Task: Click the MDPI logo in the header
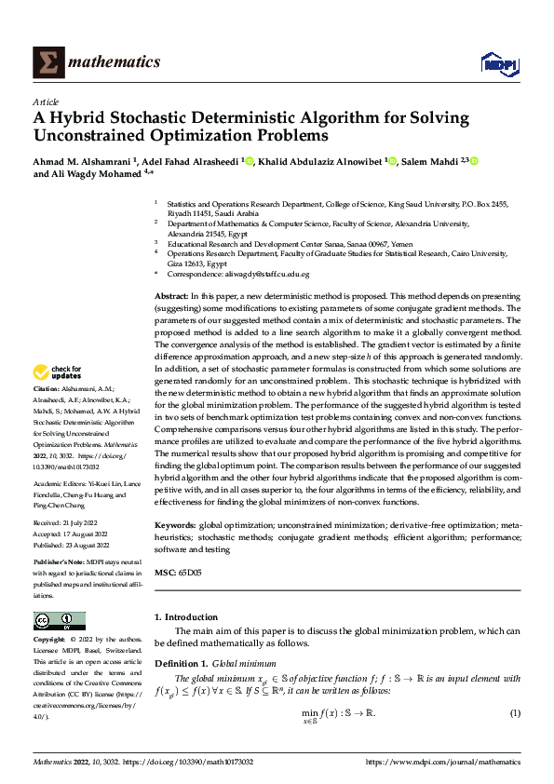pyautogui.click(x=500, y=62)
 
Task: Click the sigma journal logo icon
pyautogui.click(x=46, y=62)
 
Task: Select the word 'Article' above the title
pyautogui.click(x=46, y=101)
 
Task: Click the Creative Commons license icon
pyautogui.click(x=60, y=621)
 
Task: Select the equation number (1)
pyautogui.click(x=514, y=713)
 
